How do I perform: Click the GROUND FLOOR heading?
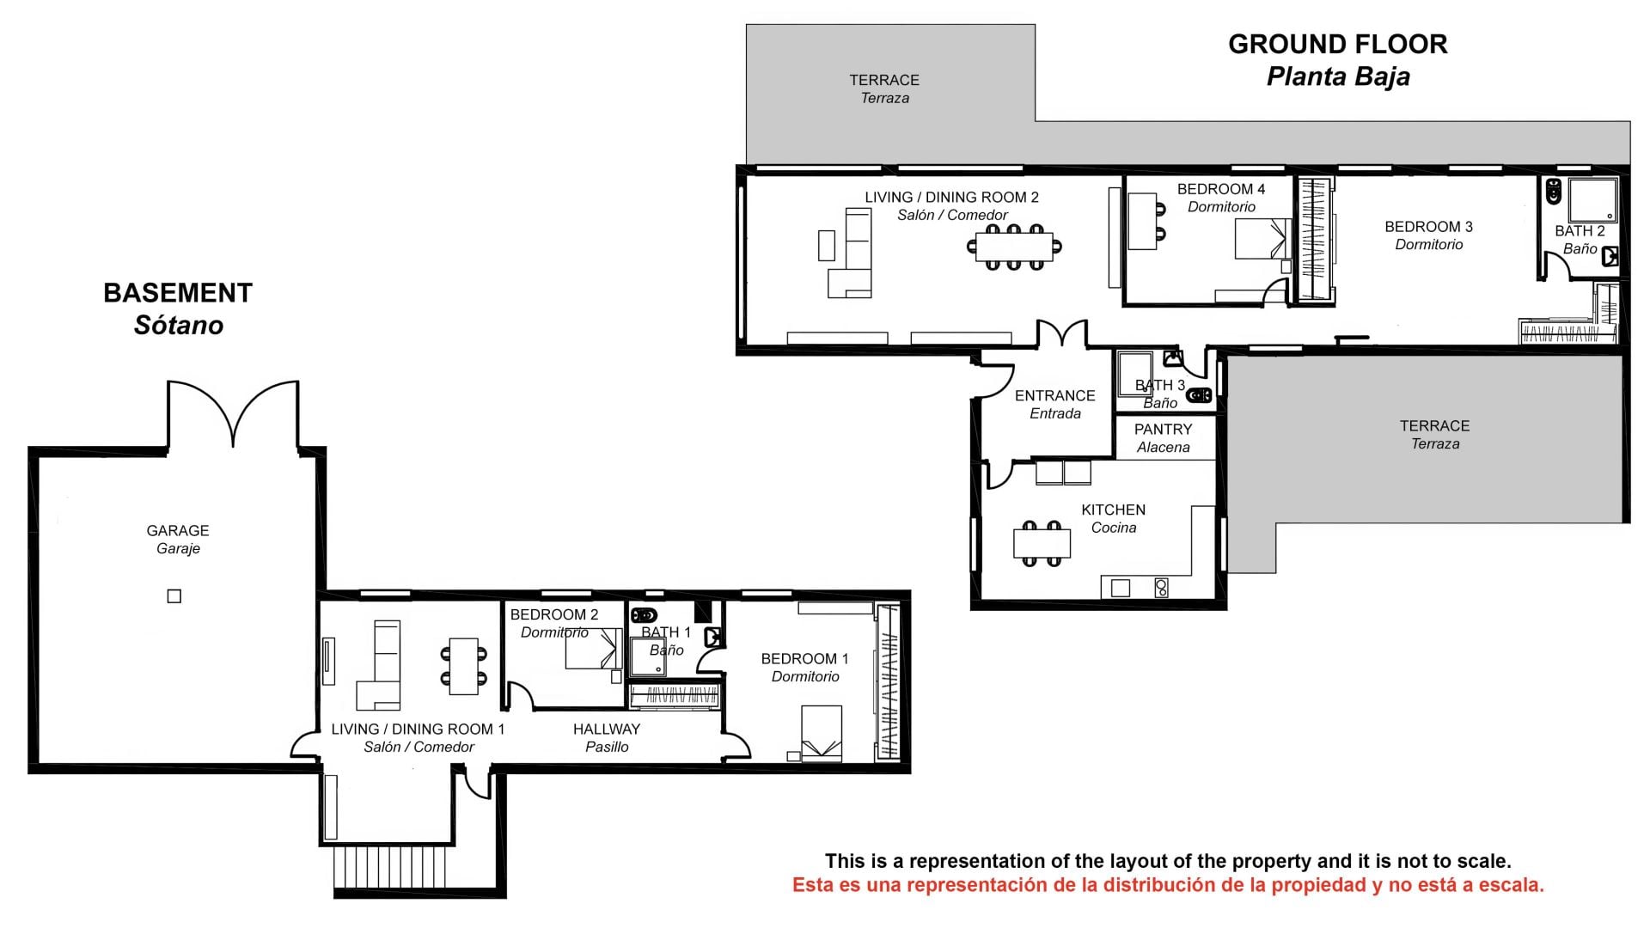pyautogui.click(x=1337, y=44)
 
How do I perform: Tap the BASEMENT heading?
pyautogui.click(x=178, y=293)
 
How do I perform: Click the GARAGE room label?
pyautogui.click(x=178, y=531)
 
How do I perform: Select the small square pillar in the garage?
pyautogui.click(x=174, y=596)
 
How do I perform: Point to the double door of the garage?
pyautogui.click(x=233, y=412)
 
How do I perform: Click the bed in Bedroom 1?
pyautogui.click(x=821, y=733)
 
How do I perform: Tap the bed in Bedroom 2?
pyautogui.click(x=593, y=649)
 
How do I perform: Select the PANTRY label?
pyautogui.click(x=1163, y=430)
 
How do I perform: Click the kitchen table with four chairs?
pyautogui.click(x=1042, y=543)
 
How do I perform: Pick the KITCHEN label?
pyautogui.click(x=1113, y=510)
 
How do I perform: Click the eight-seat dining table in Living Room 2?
pyautogui.click(x=1014, y=247)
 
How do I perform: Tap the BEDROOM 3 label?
pyautogui.click(x=1428, y=227)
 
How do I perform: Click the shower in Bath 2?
pyautogui.click(x=1592, y=200)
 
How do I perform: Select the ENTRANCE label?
pyautogui.click(x=1054, y=396)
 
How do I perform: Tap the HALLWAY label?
pyautogui.click(x=607, y=730)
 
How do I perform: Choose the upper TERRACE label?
pyautogui.click(x=884, y=80)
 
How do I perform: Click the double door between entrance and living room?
pyautogui.click(x=1062, y=334)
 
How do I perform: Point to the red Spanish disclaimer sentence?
pyautogui.click(x=1168, y=885)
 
